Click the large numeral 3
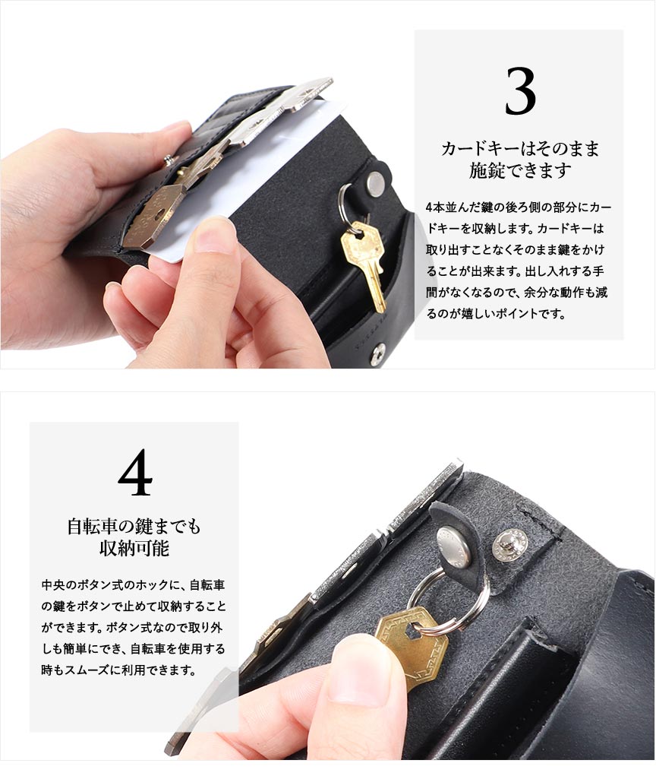click(520, 91)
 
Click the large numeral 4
click(135, 472)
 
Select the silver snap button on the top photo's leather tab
click(376, 182)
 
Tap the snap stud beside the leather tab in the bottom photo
click(510, 543)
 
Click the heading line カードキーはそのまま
click(519, 148)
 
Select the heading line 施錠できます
click(520, 170)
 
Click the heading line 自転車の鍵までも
click(134, 526)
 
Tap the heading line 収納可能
click(134, 548)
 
